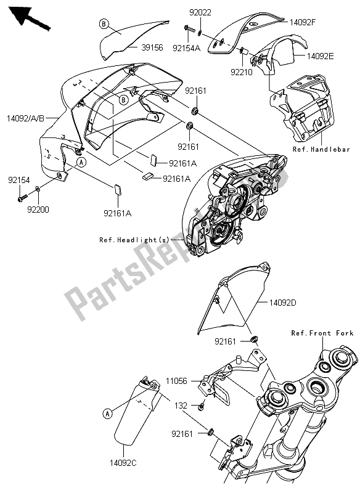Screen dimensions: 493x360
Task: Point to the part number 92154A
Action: coord(186,47)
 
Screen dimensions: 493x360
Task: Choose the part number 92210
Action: coord(241,71)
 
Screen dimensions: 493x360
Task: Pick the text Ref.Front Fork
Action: coord(322,333)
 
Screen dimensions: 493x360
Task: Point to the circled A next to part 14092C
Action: coord(107,414)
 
